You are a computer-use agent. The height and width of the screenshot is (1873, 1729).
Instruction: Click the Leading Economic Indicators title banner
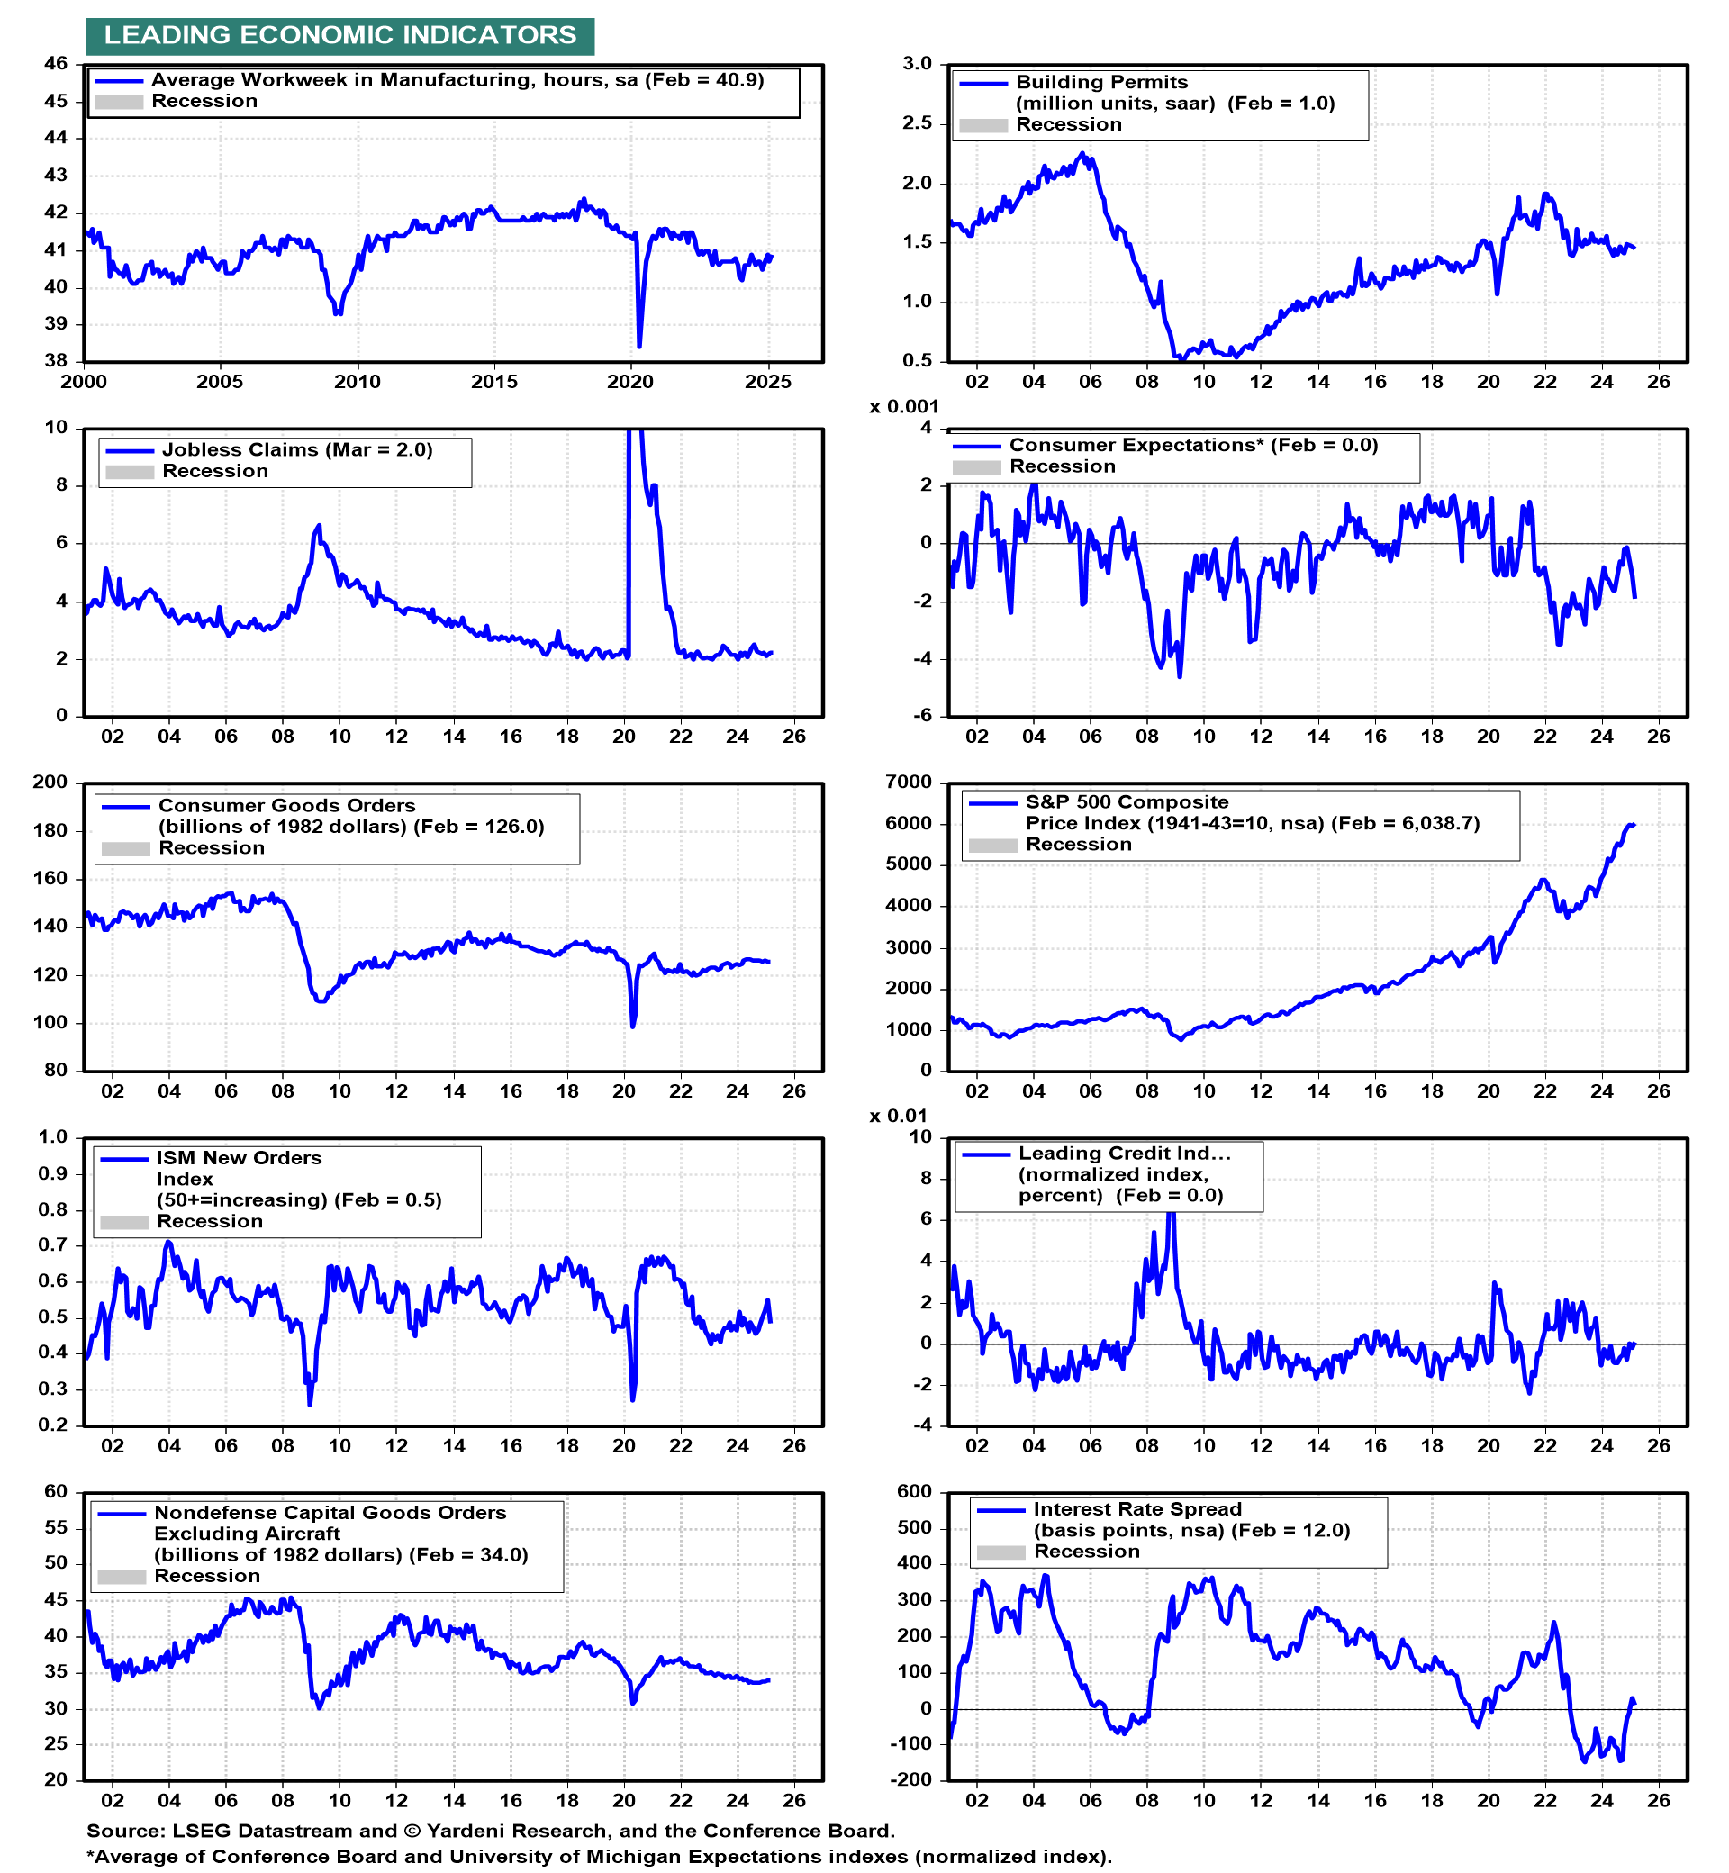tap(339, 35)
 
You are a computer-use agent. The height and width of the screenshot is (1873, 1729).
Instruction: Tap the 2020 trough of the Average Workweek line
tap(639, 346)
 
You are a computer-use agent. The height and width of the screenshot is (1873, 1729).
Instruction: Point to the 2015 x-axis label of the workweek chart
tap(494, 382)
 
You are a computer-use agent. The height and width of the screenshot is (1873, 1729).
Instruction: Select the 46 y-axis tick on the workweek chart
tap(56, 64)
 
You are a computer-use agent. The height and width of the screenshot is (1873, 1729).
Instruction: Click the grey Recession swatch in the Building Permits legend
tap(983, 125)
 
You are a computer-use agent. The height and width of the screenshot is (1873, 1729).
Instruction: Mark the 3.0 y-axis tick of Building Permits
tap(918, 64)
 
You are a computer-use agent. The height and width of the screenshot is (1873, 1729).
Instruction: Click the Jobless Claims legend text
tap(296, 450)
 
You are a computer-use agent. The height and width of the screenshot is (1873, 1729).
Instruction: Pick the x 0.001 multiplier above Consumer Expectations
tap(904, 407)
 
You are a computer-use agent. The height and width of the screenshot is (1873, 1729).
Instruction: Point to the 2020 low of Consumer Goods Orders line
tap(633, 1027)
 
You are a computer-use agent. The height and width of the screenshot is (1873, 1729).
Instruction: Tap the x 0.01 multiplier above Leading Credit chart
tap(898, 1116)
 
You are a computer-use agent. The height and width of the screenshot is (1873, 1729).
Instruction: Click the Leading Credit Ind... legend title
tap(1125, 1154)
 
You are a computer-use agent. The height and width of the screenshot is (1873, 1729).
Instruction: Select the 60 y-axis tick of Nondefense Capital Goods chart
tap(56, 1491)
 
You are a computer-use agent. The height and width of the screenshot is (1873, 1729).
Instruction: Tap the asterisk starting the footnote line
tap(91, 1855)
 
